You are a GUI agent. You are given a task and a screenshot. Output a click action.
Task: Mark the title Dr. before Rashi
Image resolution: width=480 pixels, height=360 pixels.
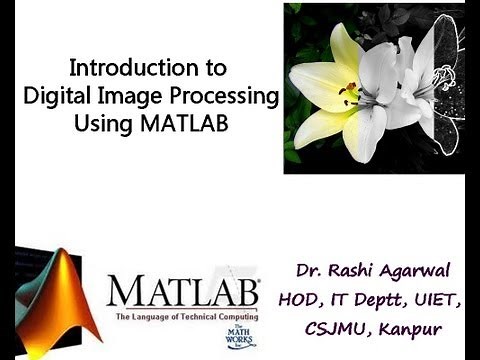pos(308,271)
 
